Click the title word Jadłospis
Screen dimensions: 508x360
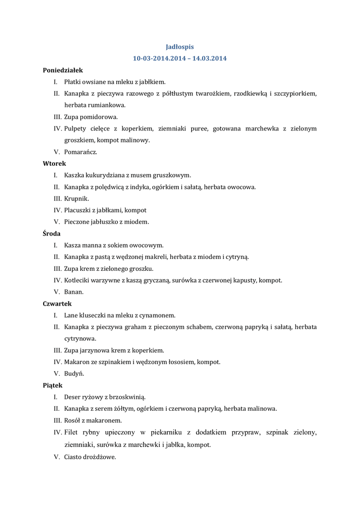coord(180,47)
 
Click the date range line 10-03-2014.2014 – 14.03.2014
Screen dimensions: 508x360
coord(180,59)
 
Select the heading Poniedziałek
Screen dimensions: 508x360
coord(63,70)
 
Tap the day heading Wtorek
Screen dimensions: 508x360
coord(54,163)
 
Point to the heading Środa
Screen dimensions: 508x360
coord(52,233)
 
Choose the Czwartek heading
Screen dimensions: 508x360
coord(57,304)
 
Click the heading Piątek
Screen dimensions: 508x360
coord(53,385)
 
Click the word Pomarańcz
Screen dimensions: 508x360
coord(80,152)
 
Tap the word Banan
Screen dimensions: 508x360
coord(73,292)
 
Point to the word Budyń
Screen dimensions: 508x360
coord(74,374)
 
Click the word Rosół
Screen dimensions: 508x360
coord(72,420)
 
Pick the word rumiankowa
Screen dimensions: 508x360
coord(108,105)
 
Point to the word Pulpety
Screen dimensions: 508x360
coord(75,128)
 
